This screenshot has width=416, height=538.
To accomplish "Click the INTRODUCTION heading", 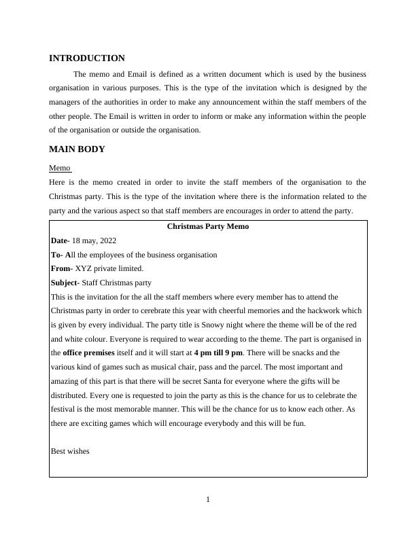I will coord(87,58).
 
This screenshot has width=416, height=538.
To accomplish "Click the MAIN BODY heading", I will coord(77,149).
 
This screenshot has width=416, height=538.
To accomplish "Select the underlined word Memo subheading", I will coord(60,168).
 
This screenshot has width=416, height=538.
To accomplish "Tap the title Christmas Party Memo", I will coord(208,227).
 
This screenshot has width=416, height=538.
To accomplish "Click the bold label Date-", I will coord(60,241).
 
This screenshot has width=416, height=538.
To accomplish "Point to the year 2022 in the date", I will coord(107,241).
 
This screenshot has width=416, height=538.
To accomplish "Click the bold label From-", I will coord(62,269).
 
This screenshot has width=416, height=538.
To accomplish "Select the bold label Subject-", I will coord(65,283).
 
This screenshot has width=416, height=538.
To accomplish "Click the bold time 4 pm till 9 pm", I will coord(218,353).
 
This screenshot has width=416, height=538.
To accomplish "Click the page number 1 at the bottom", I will coord(208,501).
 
